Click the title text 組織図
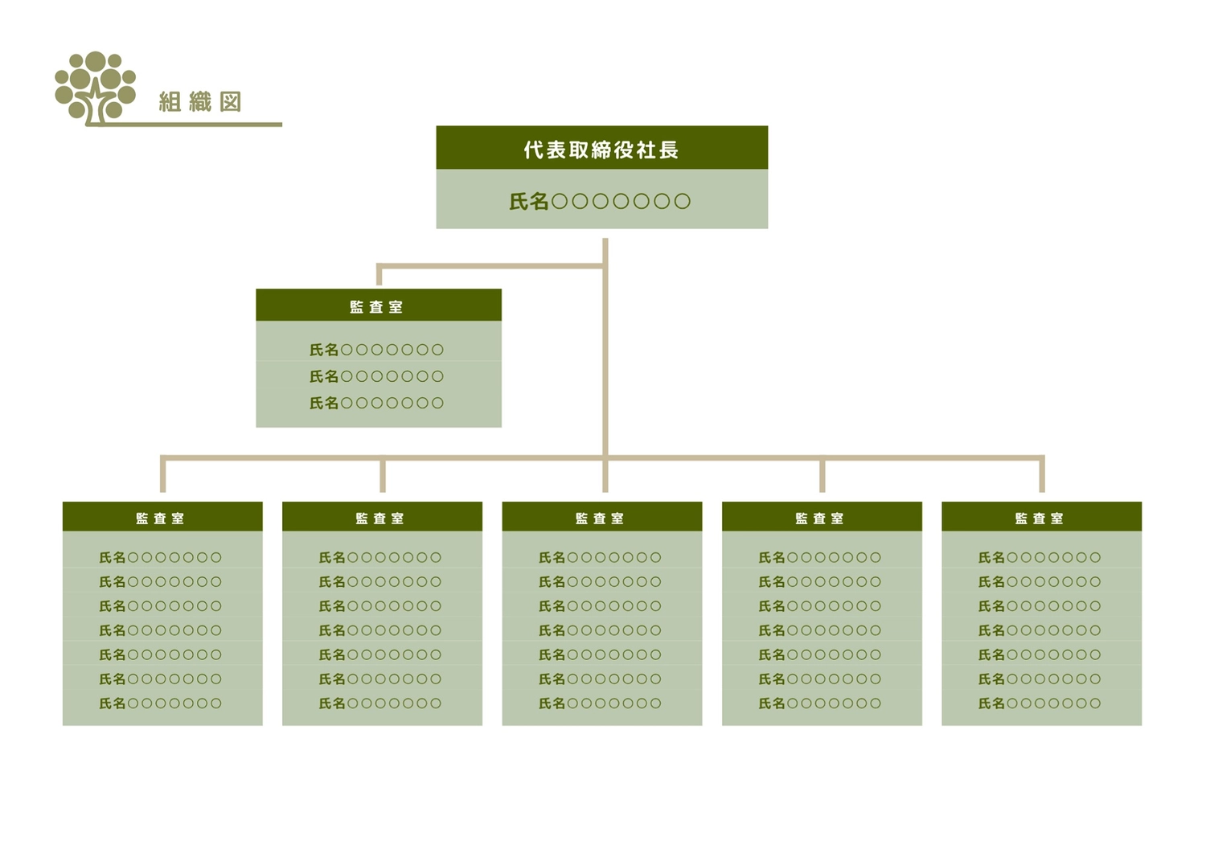[x=200, y=102]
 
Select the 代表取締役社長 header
[x=601, y=149]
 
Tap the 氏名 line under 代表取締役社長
[x=600, y=201]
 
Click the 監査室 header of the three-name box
[x=378, y=306]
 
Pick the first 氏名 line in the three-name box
[x=376, y=350]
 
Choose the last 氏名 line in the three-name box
[x=376, y=403]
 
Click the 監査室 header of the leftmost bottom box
[x=162, y=518]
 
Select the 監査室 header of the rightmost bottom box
[x=1040, y=518]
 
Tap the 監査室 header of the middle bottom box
[x=601, y=518]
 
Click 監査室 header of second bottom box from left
[x=381, y=518]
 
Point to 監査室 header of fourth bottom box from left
[x=821, y=518]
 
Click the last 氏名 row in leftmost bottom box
[x=161, y=703]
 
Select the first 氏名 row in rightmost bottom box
[x=1040, y=557]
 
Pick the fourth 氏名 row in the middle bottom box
[x=600, y=630]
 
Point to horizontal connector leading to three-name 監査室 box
[x=490, y=265]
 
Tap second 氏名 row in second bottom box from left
[x=380, y=581]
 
